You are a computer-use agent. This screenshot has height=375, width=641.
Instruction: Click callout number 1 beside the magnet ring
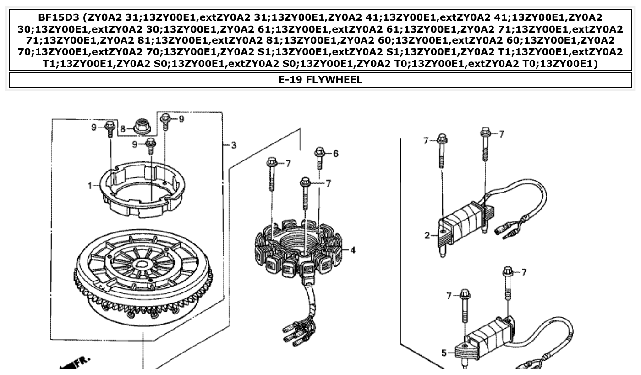click(90, 186)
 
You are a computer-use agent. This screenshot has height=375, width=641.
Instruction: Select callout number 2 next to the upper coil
click(427, 236)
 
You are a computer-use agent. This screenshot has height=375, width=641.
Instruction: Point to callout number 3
click(233, 145)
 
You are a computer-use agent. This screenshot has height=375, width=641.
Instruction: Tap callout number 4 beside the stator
click(353, 250)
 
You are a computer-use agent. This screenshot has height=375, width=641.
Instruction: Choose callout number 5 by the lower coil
click(444, 353)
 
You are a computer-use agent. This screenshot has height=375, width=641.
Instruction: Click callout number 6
click(336, 154)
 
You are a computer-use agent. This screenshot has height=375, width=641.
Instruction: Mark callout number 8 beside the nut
click(122, 129)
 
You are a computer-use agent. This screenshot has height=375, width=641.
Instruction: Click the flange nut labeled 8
click(141, 126)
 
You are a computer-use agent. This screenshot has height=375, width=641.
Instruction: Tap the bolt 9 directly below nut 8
click(151, 147)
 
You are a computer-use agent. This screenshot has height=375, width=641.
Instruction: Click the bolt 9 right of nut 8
click(165, 121)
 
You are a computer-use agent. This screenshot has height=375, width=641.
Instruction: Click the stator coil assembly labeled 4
click(298, 248)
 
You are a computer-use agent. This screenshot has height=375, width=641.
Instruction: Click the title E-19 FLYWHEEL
click(320, 80)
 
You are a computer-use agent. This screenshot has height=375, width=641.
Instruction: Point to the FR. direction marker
click(76, 363)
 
